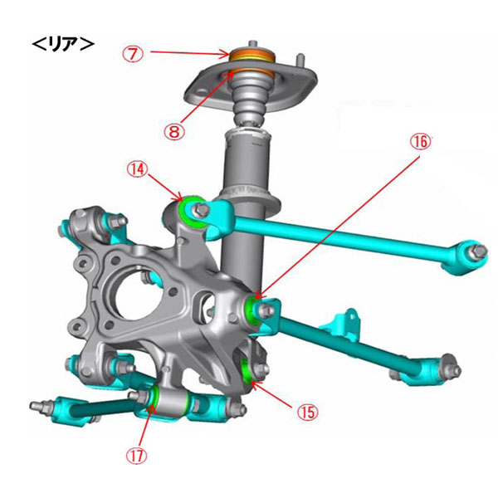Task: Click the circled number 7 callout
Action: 134,54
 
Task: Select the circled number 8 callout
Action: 174,131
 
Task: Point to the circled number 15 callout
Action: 308,412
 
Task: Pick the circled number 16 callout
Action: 421,142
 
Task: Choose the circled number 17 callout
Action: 137,456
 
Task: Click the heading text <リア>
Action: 63,45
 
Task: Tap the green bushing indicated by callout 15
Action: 247,369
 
